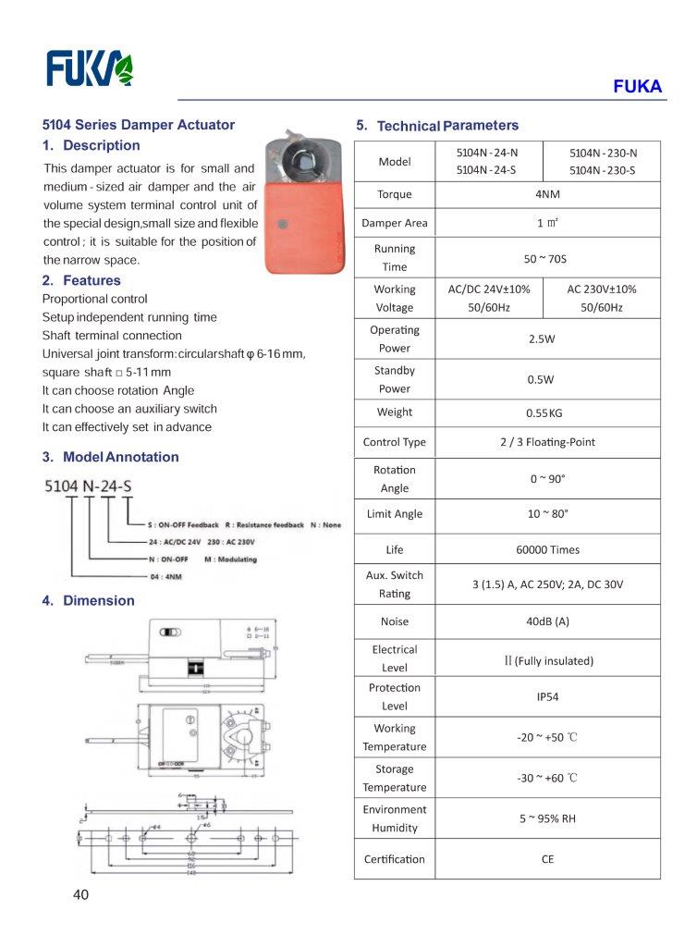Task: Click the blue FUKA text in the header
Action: pyautogui.click(x=638, y=87)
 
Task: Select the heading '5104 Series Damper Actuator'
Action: pyautogui.click(x=139, y=125)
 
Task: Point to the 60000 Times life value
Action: pyautogui.click(x=547, y=549)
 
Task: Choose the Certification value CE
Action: pyautogui.click(x=547, y=859)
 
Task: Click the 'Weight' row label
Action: pyautogui.click(x=395, y=412)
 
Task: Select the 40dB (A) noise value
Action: pyautogui.click(x=547, y=621)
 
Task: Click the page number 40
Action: pyautogui.click(x=82, y=894)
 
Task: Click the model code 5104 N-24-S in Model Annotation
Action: pyautogui.click(x=89, y=485)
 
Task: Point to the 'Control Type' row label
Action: pyautogui.click(x=395, y=442)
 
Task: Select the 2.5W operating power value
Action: pyautogui.click(x=542, y=339)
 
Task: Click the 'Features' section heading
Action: pyautogui.click(x=91, y=280)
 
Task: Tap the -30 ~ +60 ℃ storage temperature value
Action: pyautogui.click(x=547, y=778)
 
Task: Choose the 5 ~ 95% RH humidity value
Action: pyautogui.click(x=547, y=818)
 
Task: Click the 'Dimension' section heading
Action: pyautogui.click(x=98, y=600)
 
